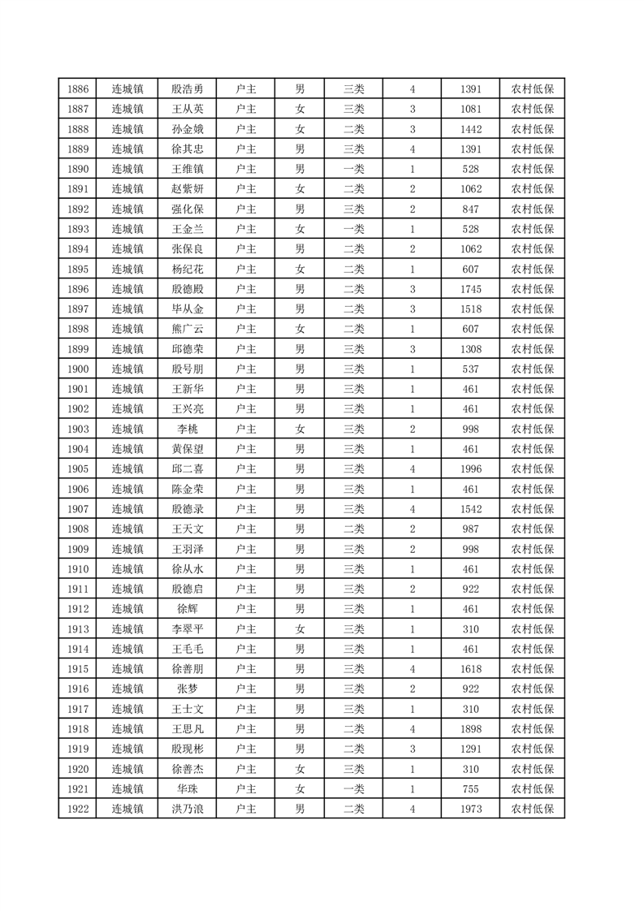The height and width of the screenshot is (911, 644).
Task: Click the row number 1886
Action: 78,89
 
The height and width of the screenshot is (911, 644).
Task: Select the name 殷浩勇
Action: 188,89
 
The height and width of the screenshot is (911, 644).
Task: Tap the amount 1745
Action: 470,289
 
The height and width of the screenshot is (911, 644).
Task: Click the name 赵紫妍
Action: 188,189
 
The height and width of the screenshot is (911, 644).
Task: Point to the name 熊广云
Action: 188,329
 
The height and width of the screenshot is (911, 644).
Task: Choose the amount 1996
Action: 470,468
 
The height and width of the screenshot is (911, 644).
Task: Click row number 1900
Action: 78,369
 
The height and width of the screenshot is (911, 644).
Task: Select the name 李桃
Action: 188,429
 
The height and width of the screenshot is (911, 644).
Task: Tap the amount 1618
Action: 470,669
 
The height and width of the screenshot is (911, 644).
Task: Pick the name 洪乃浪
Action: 188,809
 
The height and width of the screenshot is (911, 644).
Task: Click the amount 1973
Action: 470,809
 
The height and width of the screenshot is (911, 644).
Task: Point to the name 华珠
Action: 188,788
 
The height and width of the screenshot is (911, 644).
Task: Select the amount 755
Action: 470,788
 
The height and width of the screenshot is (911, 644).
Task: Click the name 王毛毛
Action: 188,649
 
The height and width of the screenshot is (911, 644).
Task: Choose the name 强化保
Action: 188,209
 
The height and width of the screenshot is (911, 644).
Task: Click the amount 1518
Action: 470,309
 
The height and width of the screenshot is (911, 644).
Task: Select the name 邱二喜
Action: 188,468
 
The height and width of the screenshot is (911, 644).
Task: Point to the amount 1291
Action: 470,749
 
